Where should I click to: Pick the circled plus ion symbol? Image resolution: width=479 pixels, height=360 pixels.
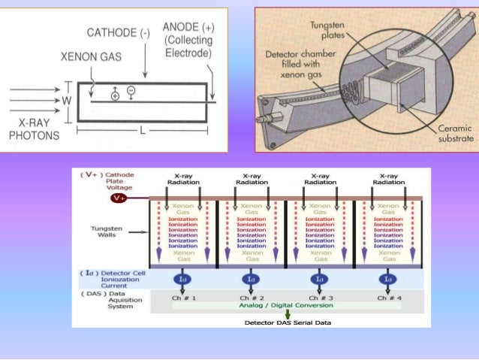pyautogui.click(x=115, y=95)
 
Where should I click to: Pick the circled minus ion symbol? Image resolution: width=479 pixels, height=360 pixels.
pyautogui.click(x=131, y=90)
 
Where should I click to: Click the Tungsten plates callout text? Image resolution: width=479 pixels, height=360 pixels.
pyautogui.click(x=327, y=31)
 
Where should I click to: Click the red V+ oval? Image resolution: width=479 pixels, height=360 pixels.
pyautogui.click(x=119, y=198)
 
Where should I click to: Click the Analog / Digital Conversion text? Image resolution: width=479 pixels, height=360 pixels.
pyautogui.click(x=286, y=306)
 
